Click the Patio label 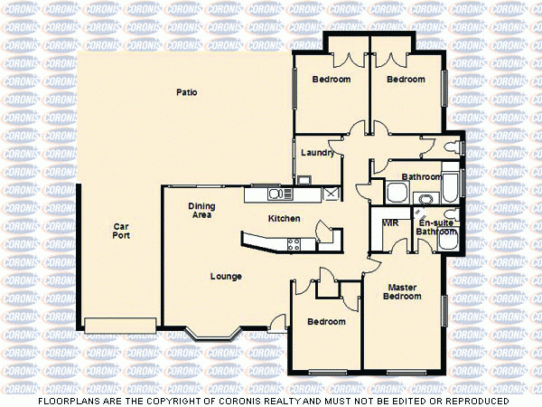[187, 92]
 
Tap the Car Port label [121, 231]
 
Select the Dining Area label [201, 211]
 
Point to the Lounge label [225, 276]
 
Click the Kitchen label [285, 219]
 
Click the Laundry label [318, 153]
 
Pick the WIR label [391, 222]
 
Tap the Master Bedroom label [402, 292]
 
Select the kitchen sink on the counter [276, 194]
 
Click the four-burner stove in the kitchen [294, 241]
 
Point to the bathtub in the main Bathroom [449, 187]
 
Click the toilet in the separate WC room [456, 146]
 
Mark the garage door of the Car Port [121, 324]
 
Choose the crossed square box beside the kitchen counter [331, 194]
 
